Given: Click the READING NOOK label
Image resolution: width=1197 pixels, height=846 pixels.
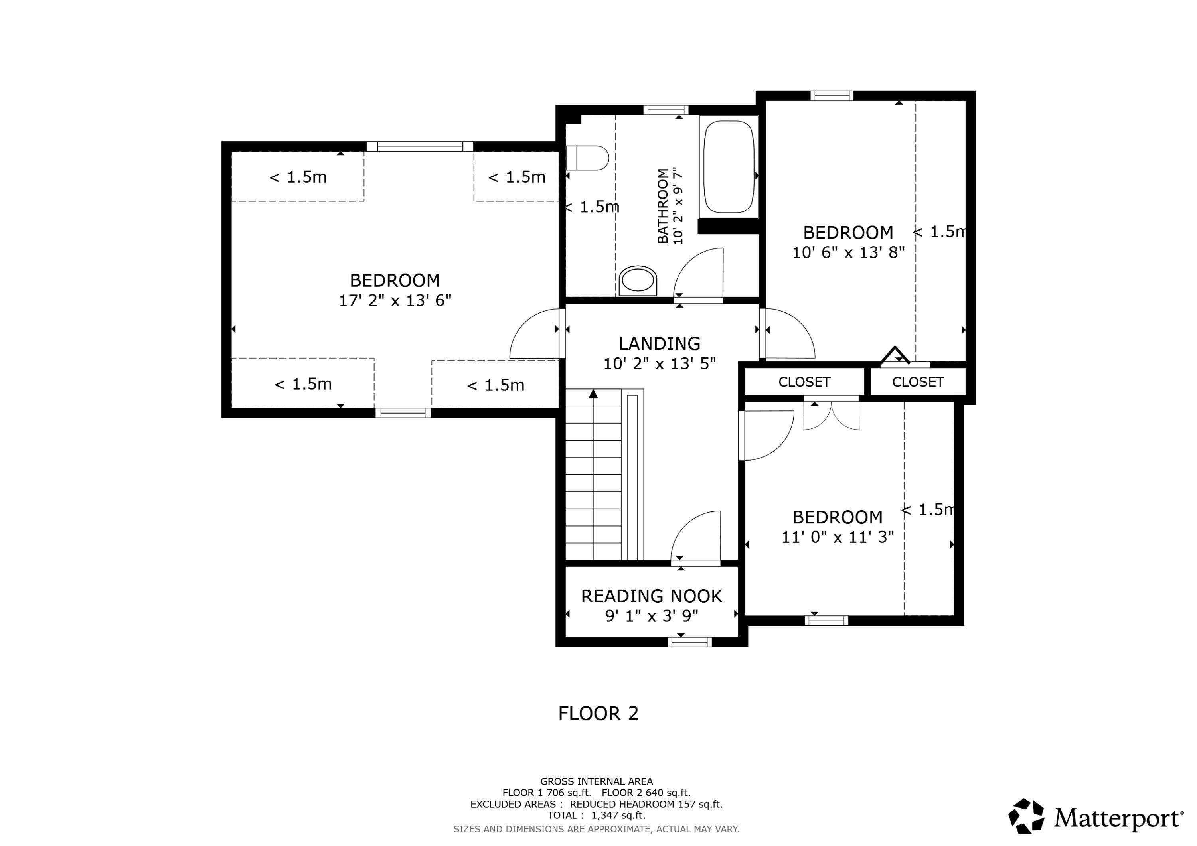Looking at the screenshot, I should pos(651,596).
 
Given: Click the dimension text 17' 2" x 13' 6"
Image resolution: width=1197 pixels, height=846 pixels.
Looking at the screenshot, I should pos(395,301).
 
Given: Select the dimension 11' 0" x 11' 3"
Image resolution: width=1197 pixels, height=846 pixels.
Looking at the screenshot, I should pos(837,537).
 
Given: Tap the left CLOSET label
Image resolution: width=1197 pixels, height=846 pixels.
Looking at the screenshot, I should pos(804,382).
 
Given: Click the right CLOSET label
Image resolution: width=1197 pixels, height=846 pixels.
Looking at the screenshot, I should pos(918,382).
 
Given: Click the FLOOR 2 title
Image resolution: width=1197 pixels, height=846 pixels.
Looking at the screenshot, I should pos(598,714).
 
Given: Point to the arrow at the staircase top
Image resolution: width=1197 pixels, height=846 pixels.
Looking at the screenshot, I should pos(593,394).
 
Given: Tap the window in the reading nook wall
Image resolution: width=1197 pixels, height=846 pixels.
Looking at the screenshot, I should pos(689,642).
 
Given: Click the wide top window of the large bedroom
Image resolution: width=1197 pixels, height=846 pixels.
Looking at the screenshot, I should pos(420,146).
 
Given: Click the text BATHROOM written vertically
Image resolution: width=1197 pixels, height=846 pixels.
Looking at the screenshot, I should pos(662,205).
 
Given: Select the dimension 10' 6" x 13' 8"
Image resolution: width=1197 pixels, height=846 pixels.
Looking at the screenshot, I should pos(848,253).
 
